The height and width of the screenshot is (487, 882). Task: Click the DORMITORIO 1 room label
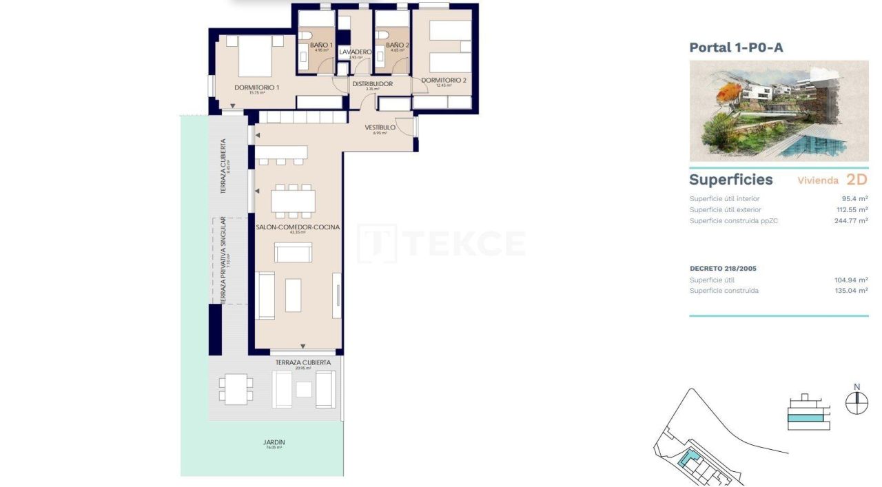point(256,87)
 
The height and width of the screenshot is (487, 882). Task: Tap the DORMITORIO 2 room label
point(444,81)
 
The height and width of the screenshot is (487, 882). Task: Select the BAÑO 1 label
point(321,45)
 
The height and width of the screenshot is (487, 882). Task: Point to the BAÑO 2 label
point(397,45)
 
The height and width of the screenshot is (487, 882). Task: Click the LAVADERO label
point(356,52)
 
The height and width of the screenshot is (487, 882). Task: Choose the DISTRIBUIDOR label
point(372,84)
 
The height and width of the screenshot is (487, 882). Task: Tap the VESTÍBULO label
point(380,127)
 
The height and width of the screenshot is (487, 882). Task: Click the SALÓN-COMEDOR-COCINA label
point(297,227)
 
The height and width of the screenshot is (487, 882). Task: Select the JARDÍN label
point(274,443)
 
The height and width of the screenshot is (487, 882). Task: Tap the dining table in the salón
point(293,200)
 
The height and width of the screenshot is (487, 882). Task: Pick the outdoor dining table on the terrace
point(236,388)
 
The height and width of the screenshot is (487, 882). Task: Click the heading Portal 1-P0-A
point(736,48)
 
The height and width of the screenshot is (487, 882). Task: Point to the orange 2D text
point(856,180)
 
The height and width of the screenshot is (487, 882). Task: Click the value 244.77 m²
point(850,220)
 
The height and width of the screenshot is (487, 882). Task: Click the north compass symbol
point(857,402)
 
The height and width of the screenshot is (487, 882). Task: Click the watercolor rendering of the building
point(779,111)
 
